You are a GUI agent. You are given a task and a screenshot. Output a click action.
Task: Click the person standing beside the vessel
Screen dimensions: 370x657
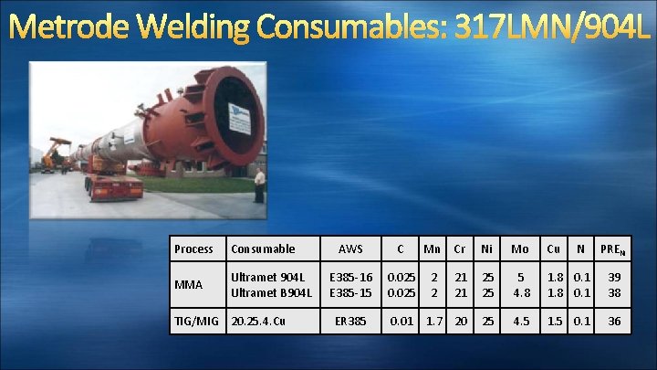[x=259, y=185]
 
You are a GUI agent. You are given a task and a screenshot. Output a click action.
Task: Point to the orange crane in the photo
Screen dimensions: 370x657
[x=57, y=152]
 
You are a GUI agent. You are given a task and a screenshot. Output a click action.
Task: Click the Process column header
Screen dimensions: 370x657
[x=193, y=248]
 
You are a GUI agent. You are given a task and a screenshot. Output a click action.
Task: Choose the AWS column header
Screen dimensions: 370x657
[x=350, y=248]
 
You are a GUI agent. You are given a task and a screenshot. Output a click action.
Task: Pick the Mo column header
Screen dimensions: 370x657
[x=519, y=248]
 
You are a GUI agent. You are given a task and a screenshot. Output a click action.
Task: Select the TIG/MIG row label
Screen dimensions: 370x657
[x=197, y=322]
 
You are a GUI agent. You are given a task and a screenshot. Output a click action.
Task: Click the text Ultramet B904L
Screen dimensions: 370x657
[x=272, y=292]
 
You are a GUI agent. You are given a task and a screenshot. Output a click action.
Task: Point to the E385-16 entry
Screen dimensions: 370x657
[x=350, y=276]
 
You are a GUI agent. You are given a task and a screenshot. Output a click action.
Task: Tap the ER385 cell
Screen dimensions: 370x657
[x=350, y=322]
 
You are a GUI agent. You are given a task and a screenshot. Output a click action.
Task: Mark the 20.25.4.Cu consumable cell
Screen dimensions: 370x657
[x=258, y=322]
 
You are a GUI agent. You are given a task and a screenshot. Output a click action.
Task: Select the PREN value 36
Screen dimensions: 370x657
[x=614, y=322]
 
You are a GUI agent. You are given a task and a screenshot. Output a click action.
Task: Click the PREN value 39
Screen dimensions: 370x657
[x=614, y=276]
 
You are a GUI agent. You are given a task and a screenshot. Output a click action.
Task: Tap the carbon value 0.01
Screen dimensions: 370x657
[x=401, y=322]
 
